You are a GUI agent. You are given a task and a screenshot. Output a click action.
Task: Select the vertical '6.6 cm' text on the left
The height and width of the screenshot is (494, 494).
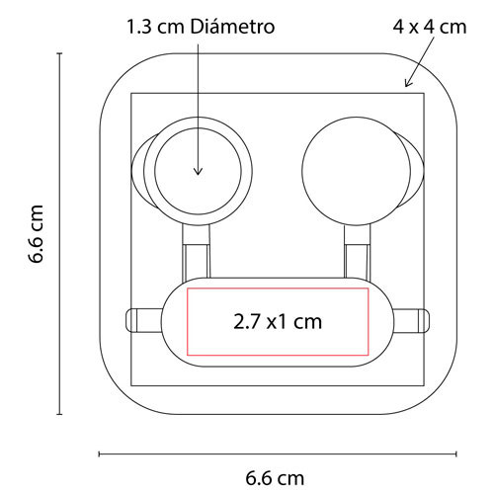click(x=37, y=234)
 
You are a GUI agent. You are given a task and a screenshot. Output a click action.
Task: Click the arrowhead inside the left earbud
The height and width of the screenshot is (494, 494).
click(x=198, y=172)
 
